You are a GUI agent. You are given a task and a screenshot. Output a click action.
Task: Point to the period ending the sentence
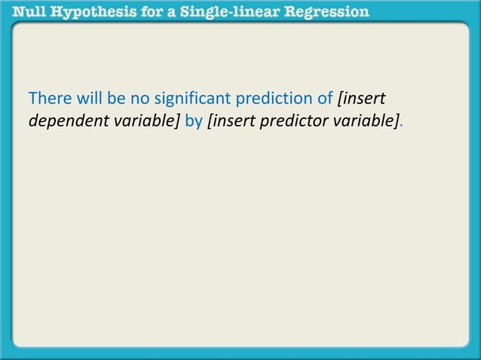coord(401,124)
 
